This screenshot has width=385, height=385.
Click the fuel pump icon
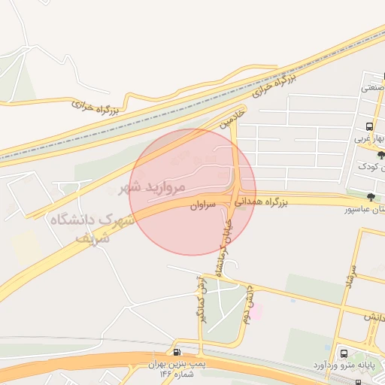click(x=177, y=352)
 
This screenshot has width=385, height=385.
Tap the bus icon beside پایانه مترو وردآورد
click(x=343, y=352)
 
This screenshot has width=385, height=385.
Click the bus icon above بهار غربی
click(x=368, y=126)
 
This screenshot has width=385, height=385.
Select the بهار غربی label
click(x=370, y=138)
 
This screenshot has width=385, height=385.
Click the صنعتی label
click(x=373, y=88)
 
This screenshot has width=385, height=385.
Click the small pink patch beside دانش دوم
click(x=256, y=311)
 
